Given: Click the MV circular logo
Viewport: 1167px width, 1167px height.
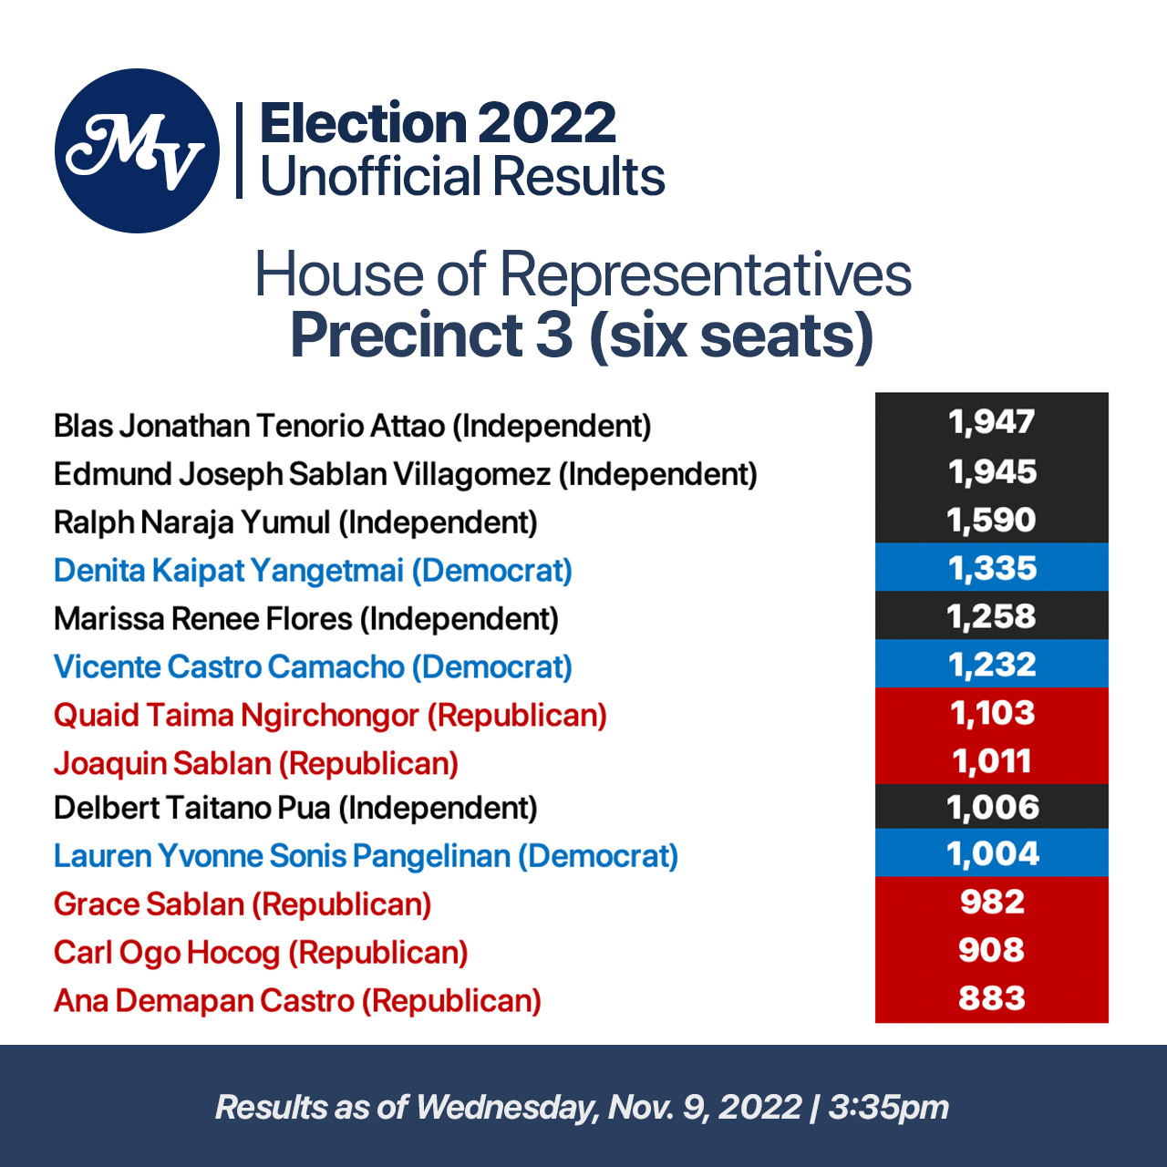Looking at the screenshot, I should (x=137, y=150).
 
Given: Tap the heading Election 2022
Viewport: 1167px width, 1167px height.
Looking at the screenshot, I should (x=438, y=123).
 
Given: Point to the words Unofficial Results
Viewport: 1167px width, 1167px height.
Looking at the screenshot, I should (x=462, y=176).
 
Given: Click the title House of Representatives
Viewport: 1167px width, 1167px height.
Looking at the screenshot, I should (x=583, y=274).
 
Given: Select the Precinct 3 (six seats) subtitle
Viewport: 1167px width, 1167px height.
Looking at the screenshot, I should (x=582, y=335).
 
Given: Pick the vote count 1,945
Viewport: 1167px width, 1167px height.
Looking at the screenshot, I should (x=992, y=471).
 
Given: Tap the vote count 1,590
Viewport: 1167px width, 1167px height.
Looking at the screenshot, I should (x=992, y=520).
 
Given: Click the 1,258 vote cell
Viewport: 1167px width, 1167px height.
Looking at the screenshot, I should (x=992, y=616).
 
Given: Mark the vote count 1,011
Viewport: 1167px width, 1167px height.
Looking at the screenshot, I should (x=992, y=761).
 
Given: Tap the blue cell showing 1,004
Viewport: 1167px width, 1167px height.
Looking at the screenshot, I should (x=992, y=854).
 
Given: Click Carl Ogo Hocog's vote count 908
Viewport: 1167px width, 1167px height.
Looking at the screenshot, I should (x=992, y=950).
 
